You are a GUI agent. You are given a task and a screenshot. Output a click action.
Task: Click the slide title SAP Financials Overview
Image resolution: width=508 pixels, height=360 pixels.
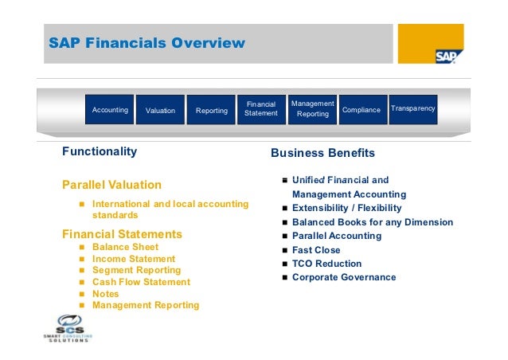coord(147,43)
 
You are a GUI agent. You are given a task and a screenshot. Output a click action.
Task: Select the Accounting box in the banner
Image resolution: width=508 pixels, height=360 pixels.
coord(110,110)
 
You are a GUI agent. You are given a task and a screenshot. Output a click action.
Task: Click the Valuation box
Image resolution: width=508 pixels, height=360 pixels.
coord(160,111)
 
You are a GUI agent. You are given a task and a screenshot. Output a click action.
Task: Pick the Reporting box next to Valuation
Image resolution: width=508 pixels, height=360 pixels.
coord(212,111)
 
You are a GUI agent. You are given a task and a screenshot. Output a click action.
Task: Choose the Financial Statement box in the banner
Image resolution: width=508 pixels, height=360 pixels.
coord(261,109)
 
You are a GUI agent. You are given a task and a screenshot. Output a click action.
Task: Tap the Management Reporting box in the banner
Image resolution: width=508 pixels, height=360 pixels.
coord(312,109)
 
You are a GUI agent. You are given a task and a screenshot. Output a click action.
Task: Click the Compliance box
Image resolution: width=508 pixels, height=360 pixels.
coord(361,110)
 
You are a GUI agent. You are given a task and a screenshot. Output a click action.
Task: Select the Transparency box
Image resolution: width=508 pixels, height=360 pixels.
coord(413,108)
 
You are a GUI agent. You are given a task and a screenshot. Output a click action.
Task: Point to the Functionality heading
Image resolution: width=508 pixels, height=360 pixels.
coord(100,151)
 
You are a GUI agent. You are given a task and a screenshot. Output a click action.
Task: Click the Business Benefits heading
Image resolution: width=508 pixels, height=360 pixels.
coord(322,153)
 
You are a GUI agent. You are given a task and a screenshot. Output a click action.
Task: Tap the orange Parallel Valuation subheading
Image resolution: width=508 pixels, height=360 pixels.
coord(111,185)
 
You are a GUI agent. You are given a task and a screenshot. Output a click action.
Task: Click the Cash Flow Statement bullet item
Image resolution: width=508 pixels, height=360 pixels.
coord(141,282)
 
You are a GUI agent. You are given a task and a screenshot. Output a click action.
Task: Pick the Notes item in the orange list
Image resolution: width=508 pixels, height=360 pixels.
coord(106,293)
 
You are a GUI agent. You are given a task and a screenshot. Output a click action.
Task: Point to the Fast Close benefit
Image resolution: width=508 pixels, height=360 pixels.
coord(316,250)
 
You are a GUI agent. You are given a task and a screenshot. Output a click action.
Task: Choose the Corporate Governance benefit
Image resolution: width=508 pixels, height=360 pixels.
coord(344,277)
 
